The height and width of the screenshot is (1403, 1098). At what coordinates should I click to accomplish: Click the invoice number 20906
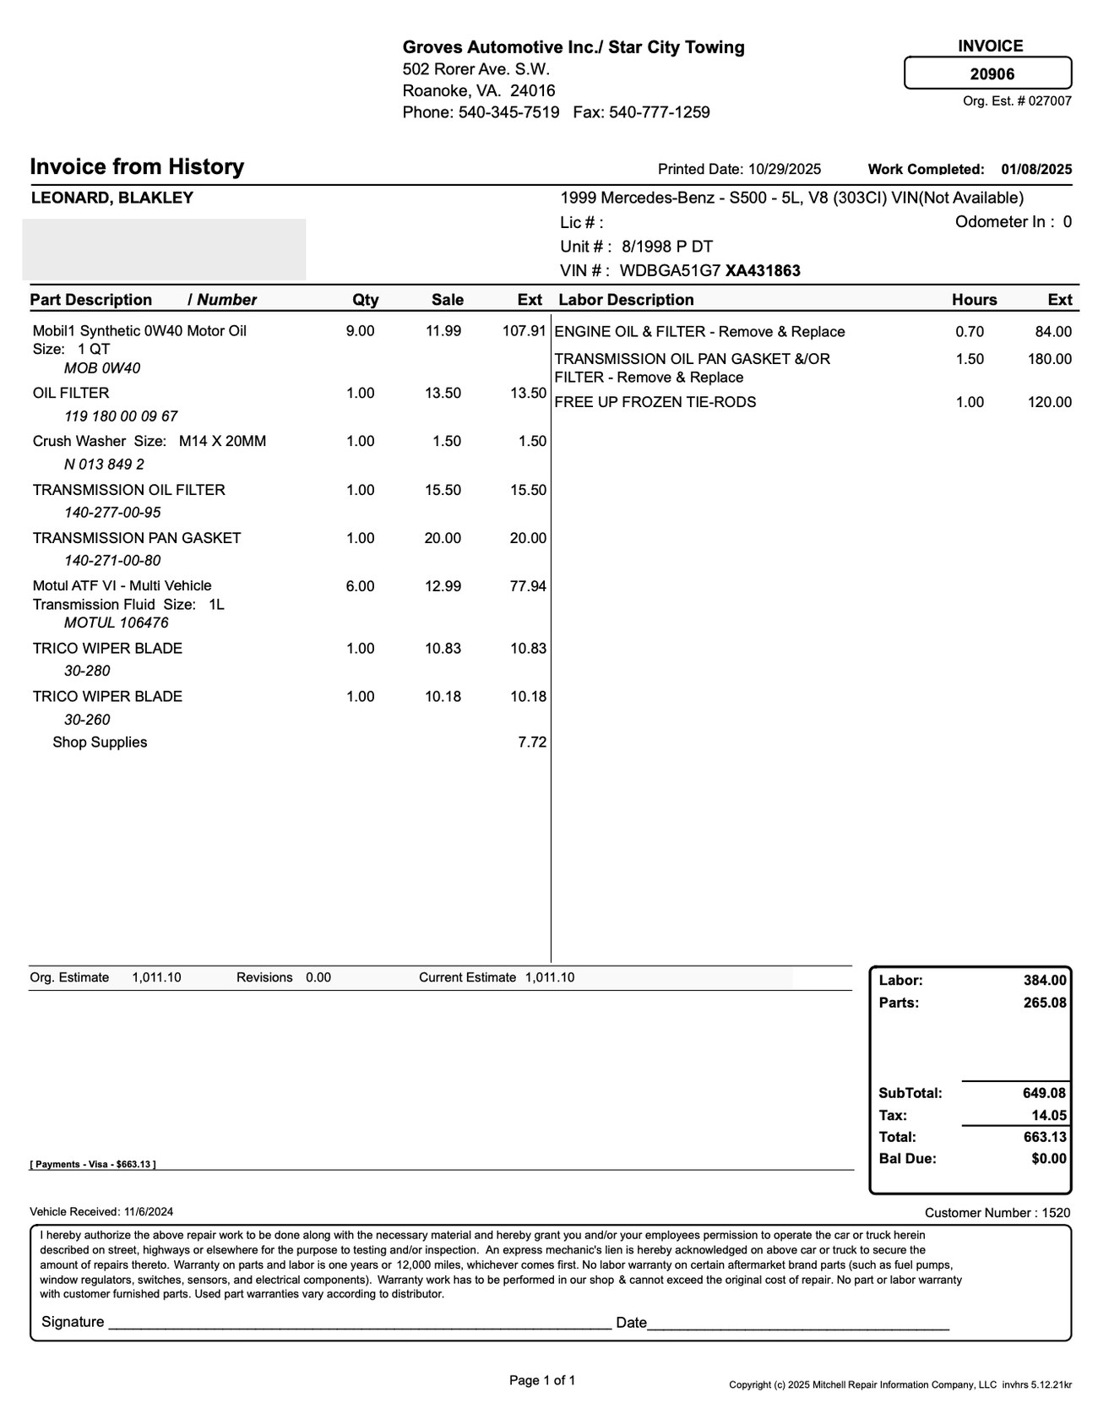point(992,74)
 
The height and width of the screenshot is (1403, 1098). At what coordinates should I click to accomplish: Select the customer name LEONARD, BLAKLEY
point(112,198)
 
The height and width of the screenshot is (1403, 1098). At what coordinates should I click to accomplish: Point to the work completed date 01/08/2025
point(1036,169)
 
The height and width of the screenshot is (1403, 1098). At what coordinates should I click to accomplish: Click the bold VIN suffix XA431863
point(763,271)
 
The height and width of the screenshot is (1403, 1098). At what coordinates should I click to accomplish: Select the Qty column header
point(365,300)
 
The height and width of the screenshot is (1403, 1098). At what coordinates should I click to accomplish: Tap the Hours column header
point(974,300)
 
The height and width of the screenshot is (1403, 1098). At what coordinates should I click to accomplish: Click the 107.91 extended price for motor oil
point(525,331)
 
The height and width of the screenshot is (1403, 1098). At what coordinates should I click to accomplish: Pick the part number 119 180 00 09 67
point(121,416)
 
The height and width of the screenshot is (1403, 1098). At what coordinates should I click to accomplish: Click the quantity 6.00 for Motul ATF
point(360,586)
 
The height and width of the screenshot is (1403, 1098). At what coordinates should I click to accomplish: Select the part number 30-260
point(87,720)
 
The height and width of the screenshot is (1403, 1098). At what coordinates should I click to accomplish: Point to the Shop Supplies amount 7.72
point(532,742)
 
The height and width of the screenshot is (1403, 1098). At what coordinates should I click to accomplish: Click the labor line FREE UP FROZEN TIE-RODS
point(655,402)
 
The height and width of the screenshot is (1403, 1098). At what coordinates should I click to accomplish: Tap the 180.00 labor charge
point(1049,359)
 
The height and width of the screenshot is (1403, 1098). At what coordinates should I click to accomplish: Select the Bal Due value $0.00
point(1048,1159)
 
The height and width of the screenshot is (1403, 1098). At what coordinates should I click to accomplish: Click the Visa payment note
point(93,1164)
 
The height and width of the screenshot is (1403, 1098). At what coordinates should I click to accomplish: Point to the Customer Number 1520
point(997,1213)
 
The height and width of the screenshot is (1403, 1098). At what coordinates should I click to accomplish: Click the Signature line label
point(73,1322)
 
